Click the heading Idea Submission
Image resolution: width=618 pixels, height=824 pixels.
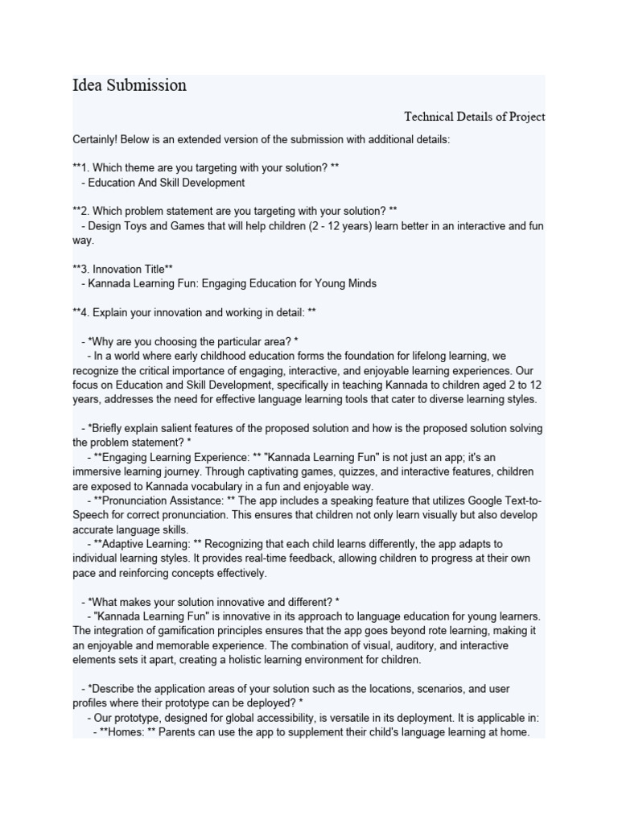130,85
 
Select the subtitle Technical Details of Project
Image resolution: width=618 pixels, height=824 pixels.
474,117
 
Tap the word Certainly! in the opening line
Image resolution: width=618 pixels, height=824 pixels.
94,139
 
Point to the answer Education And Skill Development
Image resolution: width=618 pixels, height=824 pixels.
167,183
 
